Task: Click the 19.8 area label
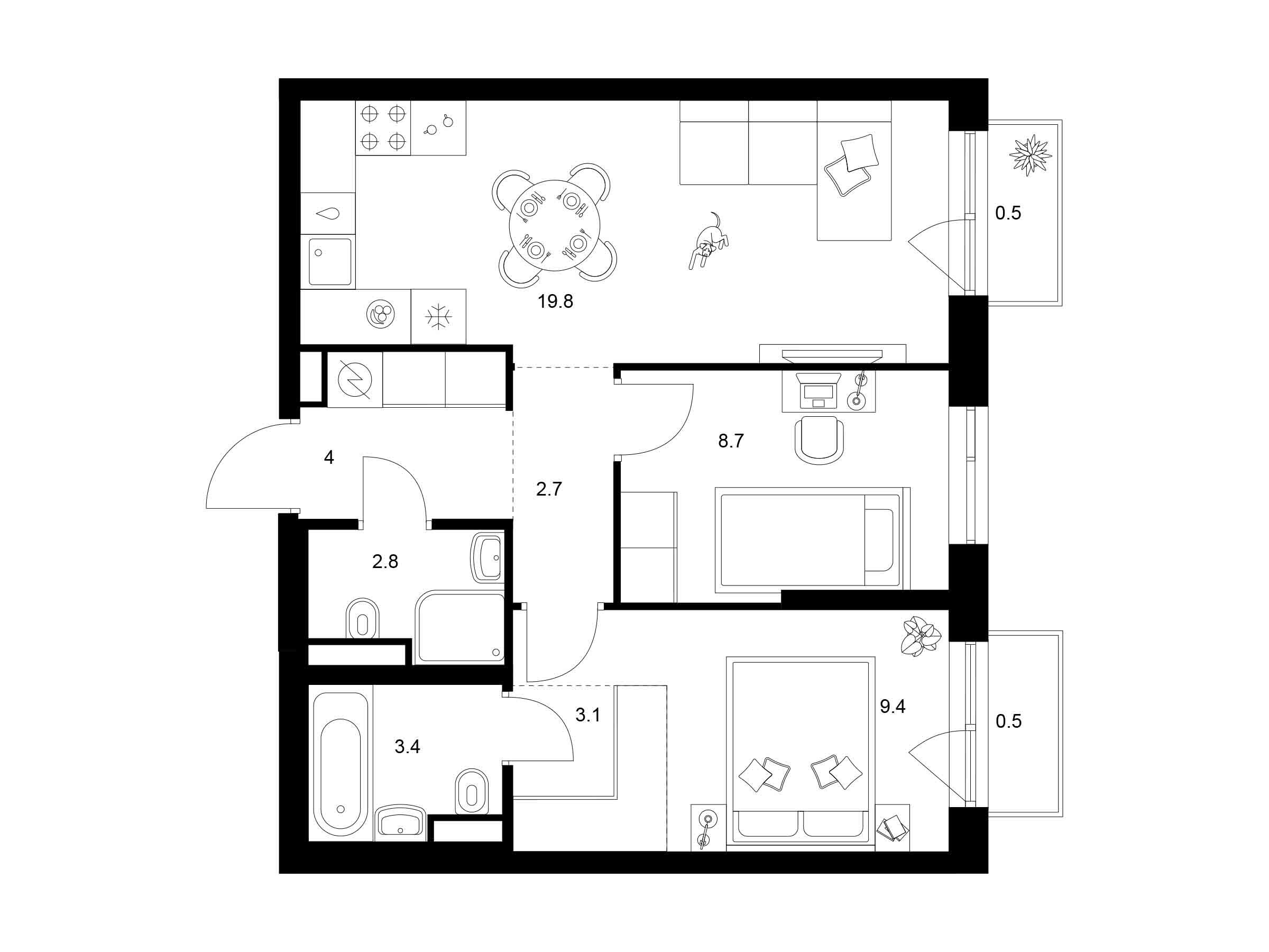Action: [555, 301]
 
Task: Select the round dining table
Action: [555, 225]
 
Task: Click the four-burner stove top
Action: [383, 127]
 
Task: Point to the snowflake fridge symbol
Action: [438, 317]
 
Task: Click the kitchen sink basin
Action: [330, 262]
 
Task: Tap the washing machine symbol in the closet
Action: [355, 379]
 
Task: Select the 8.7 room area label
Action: [731, 441]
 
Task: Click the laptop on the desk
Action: [819, 390]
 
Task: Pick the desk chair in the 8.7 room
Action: [819, 440]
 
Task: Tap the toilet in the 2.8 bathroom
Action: [362, 619]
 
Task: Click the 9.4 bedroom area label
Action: [893, 707]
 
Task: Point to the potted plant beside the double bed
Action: [921, 636]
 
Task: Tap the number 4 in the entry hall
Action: [329, 457]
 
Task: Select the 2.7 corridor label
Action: [549, 489]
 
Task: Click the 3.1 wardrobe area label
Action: [588, 715]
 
